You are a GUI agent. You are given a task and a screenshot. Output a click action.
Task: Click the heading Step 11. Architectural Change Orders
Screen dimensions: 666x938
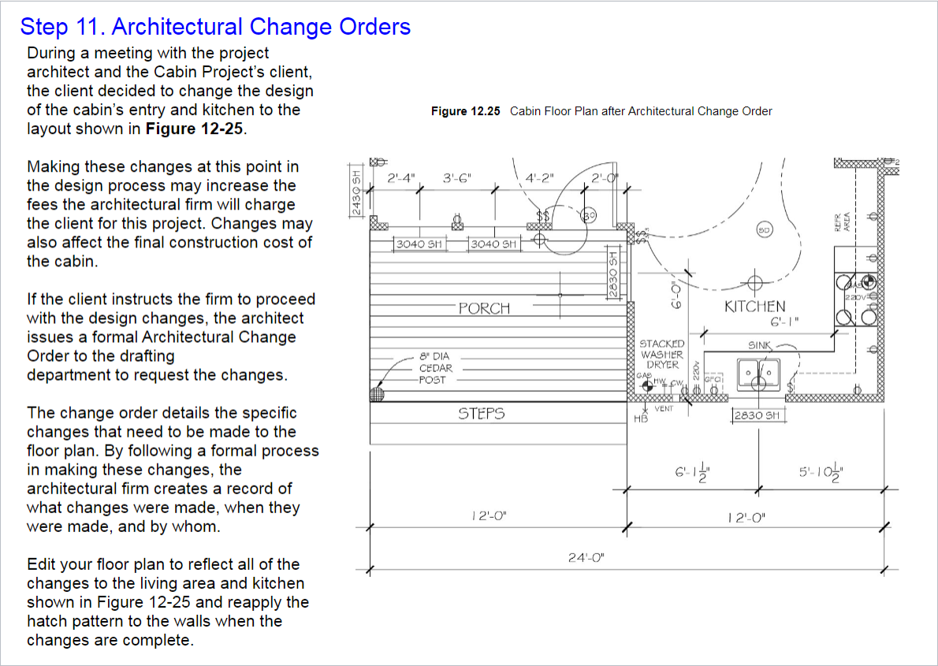[215, 27]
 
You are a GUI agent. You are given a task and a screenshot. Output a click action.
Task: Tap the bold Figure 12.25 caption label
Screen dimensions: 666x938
[465, 111]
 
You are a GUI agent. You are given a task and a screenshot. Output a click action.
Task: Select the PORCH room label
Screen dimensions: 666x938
[484, 308]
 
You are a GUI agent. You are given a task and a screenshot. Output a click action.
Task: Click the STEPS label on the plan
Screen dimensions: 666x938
[481, 413]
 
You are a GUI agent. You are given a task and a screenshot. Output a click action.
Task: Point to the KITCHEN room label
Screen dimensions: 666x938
[754, 306]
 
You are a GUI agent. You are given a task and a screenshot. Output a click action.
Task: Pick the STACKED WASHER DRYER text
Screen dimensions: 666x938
[662, 355]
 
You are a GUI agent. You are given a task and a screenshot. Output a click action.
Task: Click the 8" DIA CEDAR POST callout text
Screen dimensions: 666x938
[434, 368]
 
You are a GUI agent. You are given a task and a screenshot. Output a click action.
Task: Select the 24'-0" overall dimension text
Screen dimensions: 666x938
[586, 557]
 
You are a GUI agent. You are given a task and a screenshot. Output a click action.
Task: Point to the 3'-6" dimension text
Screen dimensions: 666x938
[456, 178]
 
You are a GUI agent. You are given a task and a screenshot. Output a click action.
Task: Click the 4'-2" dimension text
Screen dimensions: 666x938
[540, 178]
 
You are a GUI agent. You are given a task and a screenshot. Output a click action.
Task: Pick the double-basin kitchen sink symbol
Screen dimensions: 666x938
[758, 372]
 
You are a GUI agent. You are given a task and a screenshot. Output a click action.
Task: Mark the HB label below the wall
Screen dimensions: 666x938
[640, 419]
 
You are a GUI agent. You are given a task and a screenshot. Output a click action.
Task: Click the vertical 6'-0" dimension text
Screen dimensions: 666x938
[675, 294]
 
